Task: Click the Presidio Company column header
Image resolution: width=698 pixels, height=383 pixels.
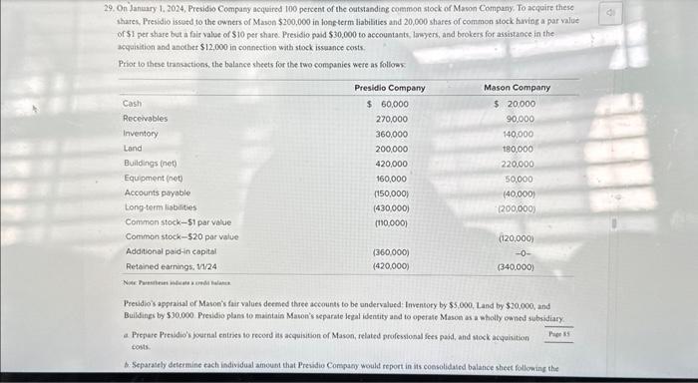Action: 390,88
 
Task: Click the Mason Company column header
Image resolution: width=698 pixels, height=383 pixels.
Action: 517,88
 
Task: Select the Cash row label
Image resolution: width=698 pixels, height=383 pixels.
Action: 132,104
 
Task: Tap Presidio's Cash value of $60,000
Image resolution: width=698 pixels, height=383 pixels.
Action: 388,104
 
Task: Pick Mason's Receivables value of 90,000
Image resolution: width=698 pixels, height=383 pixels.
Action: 519,119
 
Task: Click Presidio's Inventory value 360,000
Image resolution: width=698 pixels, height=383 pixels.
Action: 391,134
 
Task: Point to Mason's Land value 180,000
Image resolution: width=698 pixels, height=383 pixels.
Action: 518,149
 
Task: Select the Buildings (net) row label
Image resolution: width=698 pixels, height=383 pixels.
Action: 150,164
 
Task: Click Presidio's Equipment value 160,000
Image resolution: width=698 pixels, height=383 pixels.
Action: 391,179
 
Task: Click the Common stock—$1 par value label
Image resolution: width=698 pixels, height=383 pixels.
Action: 177,222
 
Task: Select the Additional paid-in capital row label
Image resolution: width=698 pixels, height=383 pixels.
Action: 171,252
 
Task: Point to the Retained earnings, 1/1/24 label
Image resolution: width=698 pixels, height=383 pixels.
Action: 170,266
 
